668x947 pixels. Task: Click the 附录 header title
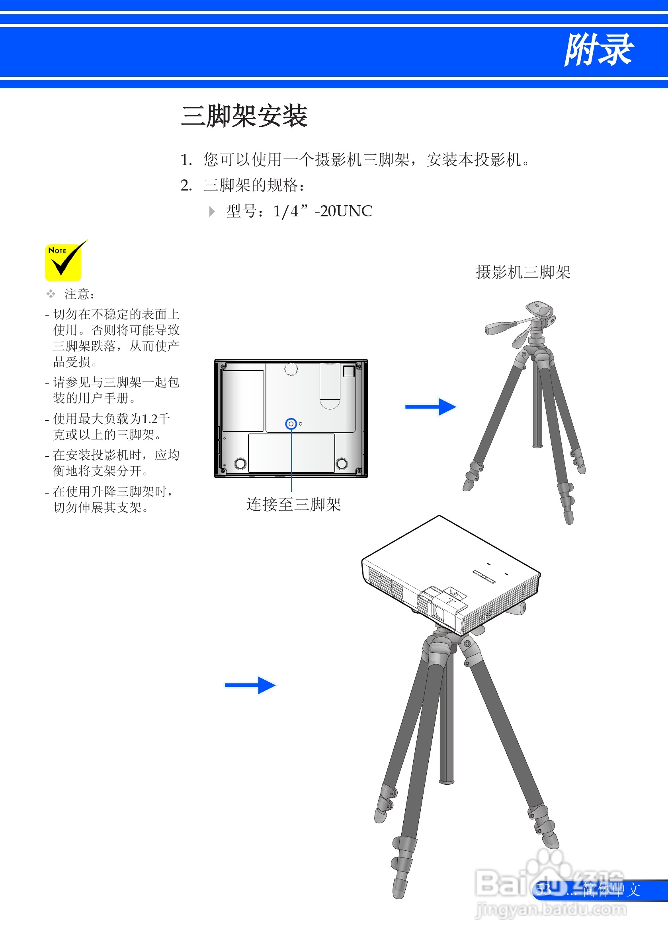pyautogui.click(x=598, y=50)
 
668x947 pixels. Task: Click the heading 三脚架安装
pyautogui.click(x=244, y=116)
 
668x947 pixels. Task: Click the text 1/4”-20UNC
pyautogui.click(x=322, y=211)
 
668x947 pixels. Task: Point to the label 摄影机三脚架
pyautogui.click(x=523, y=272)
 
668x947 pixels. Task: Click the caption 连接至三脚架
pyautogui.click(x=293, y=504)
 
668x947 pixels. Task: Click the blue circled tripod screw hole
pyautogui.click(x=291, y=424)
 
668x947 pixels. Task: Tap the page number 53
pyautogui.click(x=543, y=890)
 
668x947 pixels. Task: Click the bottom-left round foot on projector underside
pyautogui.click(x=240, y=464)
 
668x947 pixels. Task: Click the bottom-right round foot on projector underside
pyautogui.click(x=342, y=464)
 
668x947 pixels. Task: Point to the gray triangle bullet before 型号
pyautogui.click(x=212, y=212)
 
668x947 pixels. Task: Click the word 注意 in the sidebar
pyautogui.click(x=77, y=294)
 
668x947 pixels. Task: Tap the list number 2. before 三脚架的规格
pyautogui.click(x=186, y=185)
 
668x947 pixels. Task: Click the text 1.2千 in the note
pyautogui.click(x=156, y=419)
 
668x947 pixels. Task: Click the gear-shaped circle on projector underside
pyautogui.click(x=291, y=369)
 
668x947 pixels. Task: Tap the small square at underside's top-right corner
pyautogui.click(x=349, y=371)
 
